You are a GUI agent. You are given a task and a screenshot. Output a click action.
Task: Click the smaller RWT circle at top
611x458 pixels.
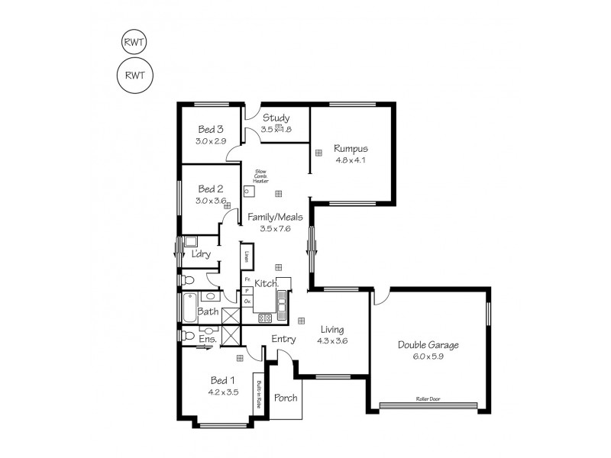click(x=135, y=43)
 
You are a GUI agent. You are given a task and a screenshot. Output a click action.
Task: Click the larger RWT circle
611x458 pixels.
click(x=135, y=74)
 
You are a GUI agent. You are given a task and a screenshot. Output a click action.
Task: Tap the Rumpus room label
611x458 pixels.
click(x=351, y=149)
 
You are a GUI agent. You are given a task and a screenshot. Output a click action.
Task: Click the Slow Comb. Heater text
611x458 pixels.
click(x=260, y=176)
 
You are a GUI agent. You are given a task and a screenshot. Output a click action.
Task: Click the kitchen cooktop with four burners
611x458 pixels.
click(x=266, y=318)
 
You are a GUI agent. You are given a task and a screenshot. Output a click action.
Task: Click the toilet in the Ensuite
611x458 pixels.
click(x=187, y=335)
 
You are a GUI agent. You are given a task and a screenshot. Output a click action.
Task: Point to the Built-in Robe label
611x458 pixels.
click(x=260, y=394)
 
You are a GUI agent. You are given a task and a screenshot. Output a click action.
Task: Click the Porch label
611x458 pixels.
click(x=286, y=398)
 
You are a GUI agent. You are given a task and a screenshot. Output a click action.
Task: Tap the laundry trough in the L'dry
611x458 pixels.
click(x=191, y=241)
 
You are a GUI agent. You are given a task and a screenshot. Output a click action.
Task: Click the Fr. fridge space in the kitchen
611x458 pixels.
click(x=247, y=280)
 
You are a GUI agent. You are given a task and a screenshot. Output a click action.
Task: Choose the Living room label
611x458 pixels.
click(x=332, y=329)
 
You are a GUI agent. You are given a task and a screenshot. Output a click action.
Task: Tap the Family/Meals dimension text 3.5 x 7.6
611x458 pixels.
click(x=275, y=228)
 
